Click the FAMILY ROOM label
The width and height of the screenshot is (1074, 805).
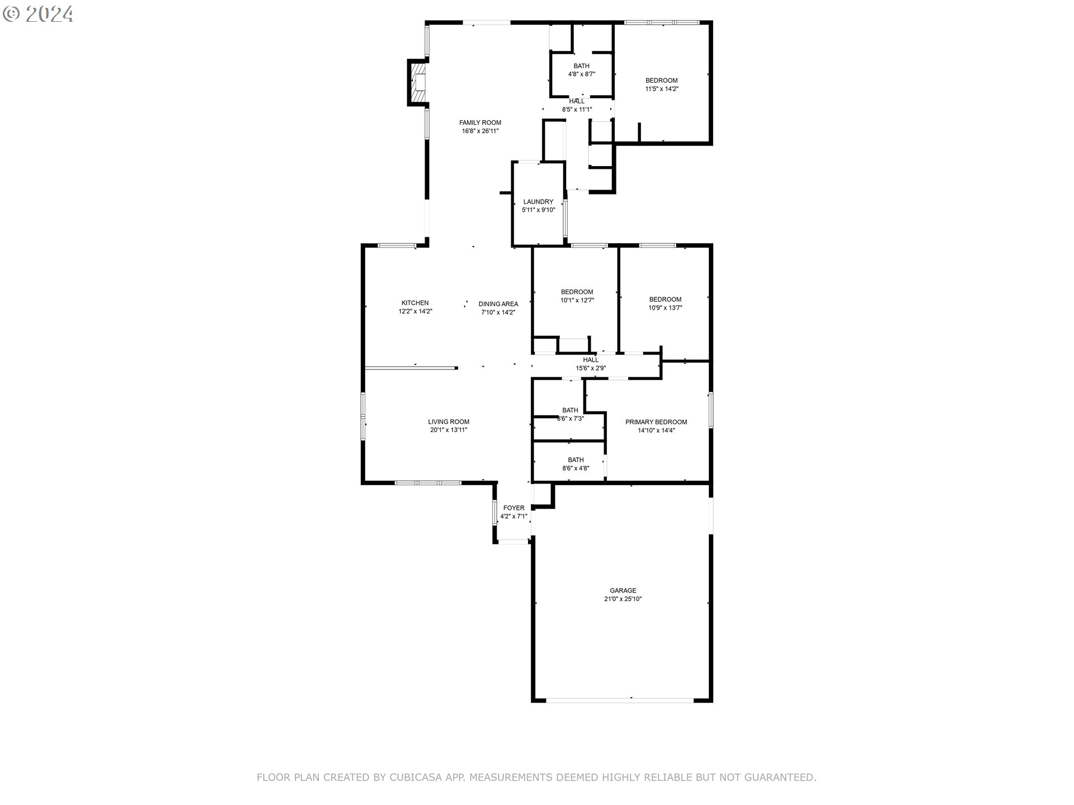coord(480,122)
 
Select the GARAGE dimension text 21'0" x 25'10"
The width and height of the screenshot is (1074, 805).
coord(623,599)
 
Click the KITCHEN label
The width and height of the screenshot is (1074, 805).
coord(415,303)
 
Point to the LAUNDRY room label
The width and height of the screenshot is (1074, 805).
coord(538,202)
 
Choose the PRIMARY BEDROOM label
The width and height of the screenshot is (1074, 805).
coord(656,422)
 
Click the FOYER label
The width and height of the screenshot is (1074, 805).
coord(514,508)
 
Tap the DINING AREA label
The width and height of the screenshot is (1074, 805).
coord(498,304)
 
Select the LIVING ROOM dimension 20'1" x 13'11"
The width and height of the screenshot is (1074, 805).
coord(449,430)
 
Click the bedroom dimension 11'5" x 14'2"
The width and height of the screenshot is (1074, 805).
coord(662,89)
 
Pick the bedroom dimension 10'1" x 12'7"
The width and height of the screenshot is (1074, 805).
coord(577,300)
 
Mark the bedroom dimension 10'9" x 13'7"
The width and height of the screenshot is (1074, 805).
coord(665,307)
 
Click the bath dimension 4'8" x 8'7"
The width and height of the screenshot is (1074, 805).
coord(581,74)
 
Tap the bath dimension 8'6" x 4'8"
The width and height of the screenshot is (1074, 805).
coord(576,468)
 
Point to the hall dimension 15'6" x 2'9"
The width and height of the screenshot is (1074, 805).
coord(591,368)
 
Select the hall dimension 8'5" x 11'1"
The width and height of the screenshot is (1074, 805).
coord(577,110)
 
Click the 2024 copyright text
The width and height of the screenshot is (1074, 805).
coord(49,14)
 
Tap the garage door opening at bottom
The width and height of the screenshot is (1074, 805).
coord(620,699)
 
